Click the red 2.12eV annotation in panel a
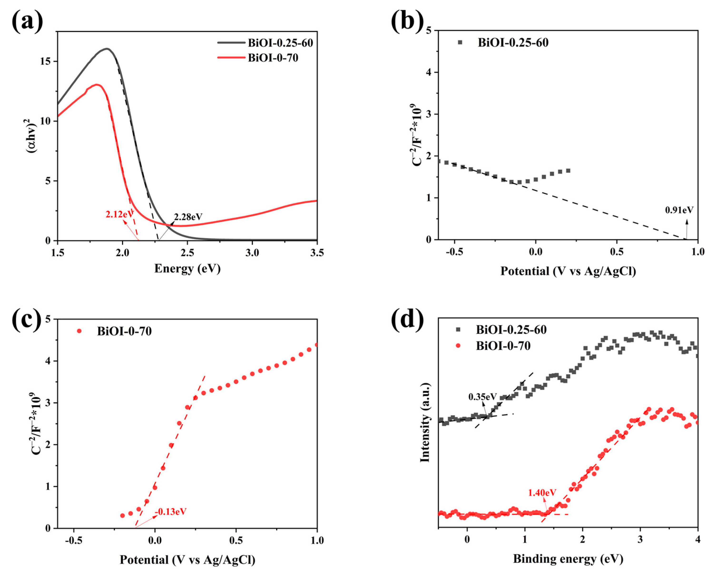[x=119, y=214]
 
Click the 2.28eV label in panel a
[x=188, y=217]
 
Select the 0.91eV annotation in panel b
[x=679, y=210]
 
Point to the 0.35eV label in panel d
[x=482, y=397]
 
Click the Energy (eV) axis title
[x=187, y=268]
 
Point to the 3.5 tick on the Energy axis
[x=317, y=253]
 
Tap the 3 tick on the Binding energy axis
[x=640, y=540]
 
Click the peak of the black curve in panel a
[x=107, y=49]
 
